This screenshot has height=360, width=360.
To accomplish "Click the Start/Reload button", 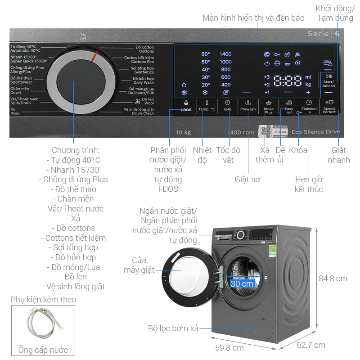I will pos(328,81).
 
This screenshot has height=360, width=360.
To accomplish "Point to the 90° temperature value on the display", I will pos(206,54).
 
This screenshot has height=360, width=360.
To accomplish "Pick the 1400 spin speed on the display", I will pos(225,54).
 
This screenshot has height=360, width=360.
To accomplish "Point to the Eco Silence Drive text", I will pos(315,132).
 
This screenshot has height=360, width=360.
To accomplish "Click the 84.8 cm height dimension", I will pos(333,279).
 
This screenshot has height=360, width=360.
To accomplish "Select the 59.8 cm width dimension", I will pos(229,347).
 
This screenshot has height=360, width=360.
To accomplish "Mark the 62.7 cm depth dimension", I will pos(311,345).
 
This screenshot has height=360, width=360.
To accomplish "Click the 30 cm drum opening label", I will pos(242,284).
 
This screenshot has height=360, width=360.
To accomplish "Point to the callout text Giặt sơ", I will pos(247,179).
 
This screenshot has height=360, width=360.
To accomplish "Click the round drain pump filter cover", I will pos(260,328).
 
